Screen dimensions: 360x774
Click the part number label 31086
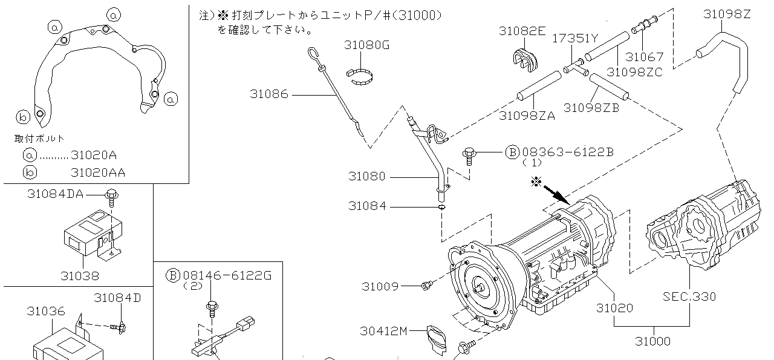coord(268,94)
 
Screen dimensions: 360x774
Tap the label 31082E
coord(522,31)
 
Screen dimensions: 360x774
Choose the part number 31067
coord(644,57)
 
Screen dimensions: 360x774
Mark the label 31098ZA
coord(527,115)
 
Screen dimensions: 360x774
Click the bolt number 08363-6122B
coord(567,152)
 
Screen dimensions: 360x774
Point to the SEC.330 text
coord(689,296)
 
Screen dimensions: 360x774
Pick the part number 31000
coord(652,341)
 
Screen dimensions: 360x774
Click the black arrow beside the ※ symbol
coord(556,194)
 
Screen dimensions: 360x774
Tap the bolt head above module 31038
coord(111,194)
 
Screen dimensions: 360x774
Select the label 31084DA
coord(55,194)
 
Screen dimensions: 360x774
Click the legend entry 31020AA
coord(98,172)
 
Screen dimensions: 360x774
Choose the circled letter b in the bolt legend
coord(30,172)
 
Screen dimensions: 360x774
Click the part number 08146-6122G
coord(227,275)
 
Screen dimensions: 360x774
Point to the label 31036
coord(45,311)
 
